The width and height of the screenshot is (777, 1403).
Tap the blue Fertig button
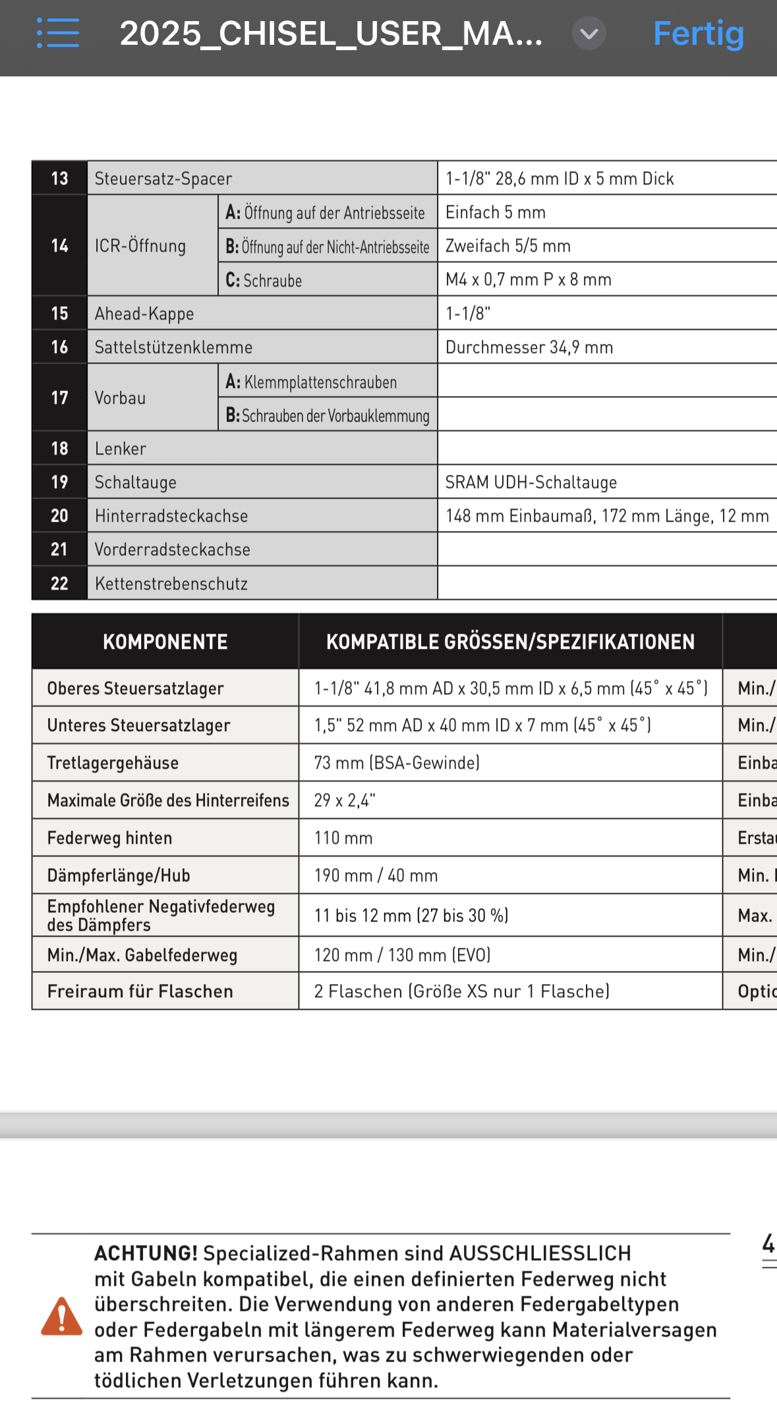tap(698, 34)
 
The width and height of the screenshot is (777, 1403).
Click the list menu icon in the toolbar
tap(58, 33)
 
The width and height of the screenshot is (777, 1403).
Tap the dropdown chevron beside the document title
tap(589, 33)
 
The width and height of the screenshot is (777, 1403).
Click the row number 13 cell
tap(59, 179)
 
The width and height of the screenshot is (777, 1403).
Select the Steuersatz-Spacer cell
tap(163, 179)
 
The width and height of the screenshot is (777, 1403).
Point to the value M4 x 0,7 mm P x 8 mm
tap(529, 280)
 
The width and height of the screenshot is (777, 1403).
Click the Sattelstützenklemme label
tap(173, 347)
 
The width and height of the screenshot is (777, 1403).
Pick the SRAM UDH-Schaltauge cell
tap(531, 482)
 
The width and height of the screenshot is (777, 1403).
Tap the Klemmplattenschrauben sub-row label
tap(311, 382)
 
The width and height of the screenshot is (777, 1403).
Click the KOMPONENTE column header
tap(165, 642)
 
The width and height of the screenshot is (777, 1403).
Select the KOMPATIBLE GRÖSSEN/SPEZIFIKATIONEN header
tap(510, 642)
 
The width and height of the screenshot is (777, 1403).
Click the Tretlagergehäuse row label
tap(113, 763)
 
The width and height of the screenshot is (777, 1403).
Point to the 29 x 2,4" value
tap(345, 800)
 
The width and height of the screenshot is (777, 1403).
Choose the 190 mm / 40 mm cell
tap(376, 875)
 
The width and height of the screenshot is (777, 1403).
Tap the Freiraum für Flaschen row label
tap(140, 991)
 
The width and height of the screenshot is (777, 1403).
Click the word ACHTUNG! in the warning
tap(146, 1253)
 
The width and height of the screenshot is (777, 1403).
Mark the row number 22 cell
tap(59, 584)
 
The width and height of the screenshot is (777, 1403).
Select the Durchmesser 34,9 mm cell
tap(529, 347)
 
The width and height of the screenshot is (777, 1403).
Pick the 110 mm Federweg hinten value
tap(343, 838)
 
